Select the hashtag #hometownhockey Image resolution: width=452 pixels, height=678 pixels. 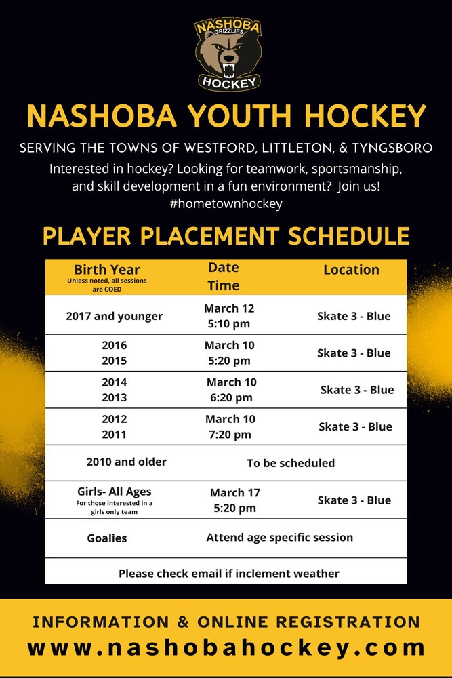pos(226,203)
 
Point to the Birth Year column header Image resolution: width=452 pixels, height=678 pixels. pos(107,269)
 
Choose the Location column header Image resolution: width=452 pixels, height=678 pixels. pos(351,269)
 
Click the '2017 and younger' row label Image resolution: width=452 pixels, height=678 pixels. pos(115,316)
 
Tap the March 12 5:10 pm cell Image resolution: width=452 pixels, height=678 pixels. pos(229,316)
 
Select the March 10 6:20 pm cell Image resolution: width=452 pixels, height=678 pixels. pos(231,390)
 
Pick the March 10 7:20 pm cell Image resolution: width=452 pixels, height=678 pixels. pos(230,426)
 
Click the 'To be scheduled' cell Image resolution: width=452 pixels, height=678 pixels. pos(291,464)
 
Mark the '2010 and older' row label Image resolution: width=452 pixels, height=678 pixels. pos(127,462)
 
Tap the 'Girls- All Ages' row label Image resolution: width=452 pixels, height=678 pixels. pos(115,492)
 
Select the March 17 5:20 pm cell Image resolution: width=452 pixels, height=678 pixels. pos(234,500)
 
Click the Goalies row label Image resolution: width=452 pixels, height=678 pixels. pos(107,538)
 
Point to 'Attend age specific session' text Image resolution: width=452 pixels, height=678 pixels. pos(279,537)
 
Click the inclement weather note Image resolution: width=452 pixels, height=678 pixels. pos(229,573)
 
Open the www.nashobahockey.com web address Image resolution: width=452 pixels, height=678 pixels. pos(226,647)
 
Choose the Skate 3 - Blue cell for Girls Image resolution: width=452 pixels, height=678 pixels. pos(354,500)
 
